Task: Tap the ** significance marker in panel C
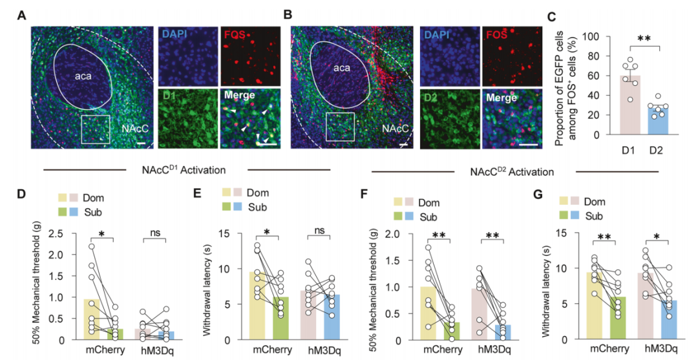pos(643,39)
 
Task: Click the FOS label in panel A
pos(235,34)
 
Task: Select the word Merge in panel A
pos(240,95)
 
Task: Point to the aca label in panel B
pos(342,68)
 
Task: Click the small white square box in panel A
pos(96,129)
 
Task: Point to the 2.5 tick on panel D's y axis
pos(58,233)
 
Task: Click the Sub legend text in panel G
pos(595,216)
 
